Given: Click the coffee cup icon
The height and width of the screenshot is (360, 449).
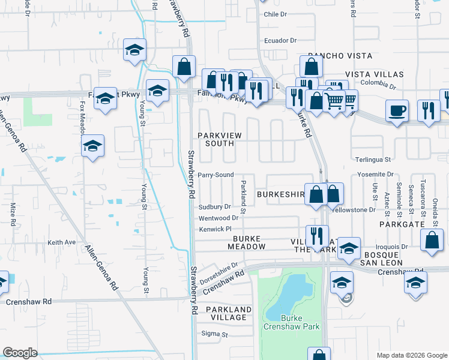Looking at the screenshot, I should (397, 110).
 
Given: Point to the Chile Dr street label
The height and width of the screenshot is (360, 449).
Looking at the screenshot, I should (277, 14).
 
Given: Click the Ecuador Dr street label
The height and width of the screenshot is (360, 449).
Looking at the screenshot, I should (280, 40).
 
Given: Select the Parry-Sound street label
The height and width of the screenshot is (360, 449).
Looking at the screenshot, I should (216, 175).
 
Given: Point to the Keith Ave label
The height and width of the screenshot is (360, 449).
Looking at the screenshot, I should (62, 242).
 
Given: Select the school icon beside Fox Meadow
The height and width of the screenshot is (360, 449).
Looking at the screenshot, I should (92, 146).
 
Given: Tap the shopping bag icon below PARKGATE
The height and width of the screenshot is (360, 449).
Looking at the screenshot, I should (432, 239).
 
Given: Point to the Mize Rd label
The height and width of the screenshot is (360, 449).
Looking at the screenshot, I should (13, 214).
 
